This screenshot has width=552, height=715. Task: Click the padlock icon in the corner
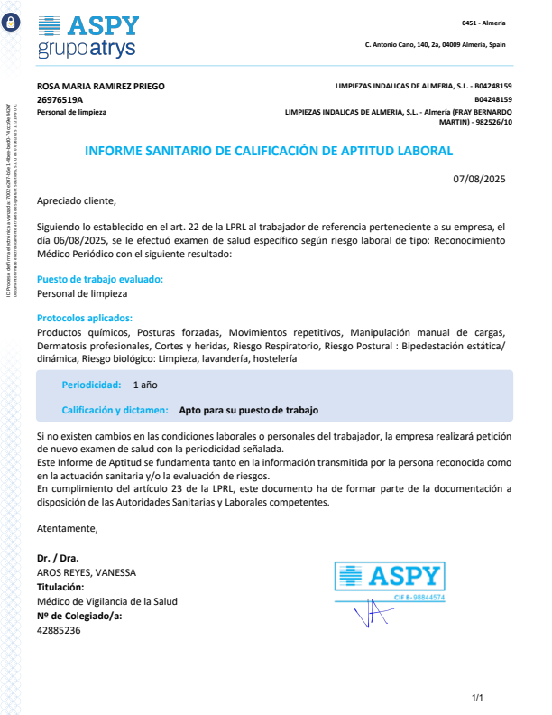[10, 24]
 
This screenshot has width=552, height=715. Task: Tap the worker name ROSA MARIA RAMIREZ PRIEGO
[101, 87]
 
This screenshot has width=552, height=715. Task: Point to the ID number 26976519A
[60, 99]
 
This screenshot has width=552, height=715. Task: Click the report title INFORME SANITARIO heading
[269, 151]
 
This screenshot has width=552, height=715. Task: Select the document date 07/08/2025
[480, 179]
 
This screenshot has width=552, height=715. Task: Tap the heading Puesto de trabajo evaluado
[100, 280]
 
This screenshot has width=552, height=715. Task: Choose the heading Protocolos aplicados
[85, 318]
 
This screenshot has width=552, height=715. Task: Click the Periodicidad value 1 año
[145, 385]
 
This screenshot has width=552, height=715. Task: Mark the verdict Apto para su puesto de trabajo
[249, 410]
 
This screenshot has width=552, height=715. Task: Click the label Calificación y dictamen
[115, 410]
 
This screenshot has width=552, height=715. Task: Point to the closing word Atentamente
[67, 528]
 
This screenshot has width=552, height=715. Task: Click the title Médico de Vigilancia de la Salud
[106, 601]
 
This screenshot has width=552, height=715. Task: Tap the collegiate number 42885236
[59, 630]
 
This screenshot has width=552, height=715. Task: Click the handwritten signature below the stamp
[372, 617]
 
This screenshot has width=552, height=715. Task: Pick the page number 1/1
[478, 697]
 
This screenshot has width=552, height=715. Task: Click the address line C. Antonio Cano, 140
[435, 44]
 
